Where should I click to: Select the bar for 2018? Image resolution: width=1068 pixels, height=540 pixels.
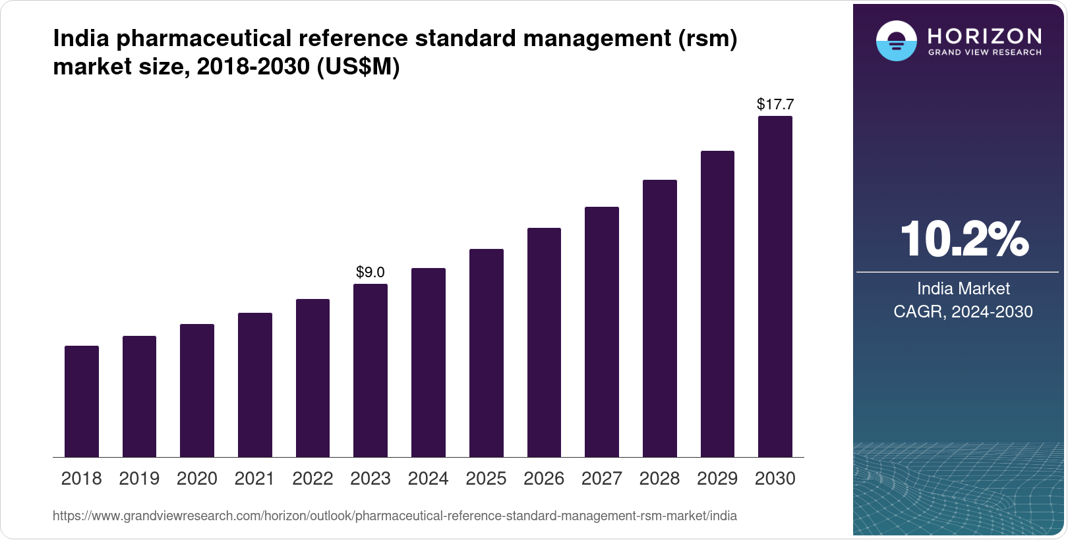(82, 401)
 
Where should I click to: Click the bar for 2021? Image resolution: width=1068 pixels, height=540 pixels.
(255, 385)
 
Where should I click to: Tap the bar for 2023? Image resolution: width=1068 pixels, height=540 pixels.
(371, 370)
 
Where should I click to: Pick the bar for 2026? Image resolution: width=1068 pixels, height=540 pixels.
(544, 342)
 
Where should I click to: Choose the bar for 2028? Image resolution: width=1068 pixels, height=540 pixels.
(659, 318)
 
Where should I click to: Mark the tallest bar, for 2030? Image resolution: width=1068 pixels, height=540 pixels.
(775, 286)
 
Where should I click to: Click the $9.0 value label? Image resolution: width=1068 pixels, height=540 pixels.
(371, 272)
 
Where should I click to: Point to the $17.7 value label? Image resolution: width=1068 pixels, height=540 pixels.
(775, 104)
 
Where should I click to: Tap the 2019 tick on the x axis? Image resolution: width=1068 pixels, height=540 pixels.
(139, 478)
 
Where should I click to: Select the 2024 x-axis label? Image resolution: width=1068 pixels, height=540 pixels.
(428, 478)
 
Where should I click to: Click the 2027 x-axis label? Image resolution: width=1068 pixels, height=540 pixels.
(601, 478)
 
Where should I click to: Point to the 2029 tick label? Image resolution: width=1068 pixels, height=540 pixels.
(717, 478)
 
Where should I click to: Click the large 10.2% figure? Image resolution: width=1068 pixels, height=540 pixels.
(964, 239)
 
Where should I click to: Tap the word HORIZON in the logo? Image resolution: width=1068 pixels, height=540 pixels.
(985, 36)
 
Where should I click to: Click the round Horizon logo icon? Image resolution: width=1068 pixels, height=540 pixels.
(897, 41)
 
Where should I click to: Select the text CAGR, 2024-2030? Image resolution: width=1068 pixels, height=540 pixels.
(963, 311)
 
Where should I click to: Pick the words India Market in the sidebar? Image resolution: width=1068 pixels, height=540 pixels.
(963, 288)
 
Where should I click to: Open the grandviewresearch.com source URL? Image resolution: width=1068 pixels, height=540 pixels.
(394, 516)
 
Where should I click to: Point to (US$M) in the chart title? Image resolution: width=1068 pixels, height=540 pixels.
(358, 67)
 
